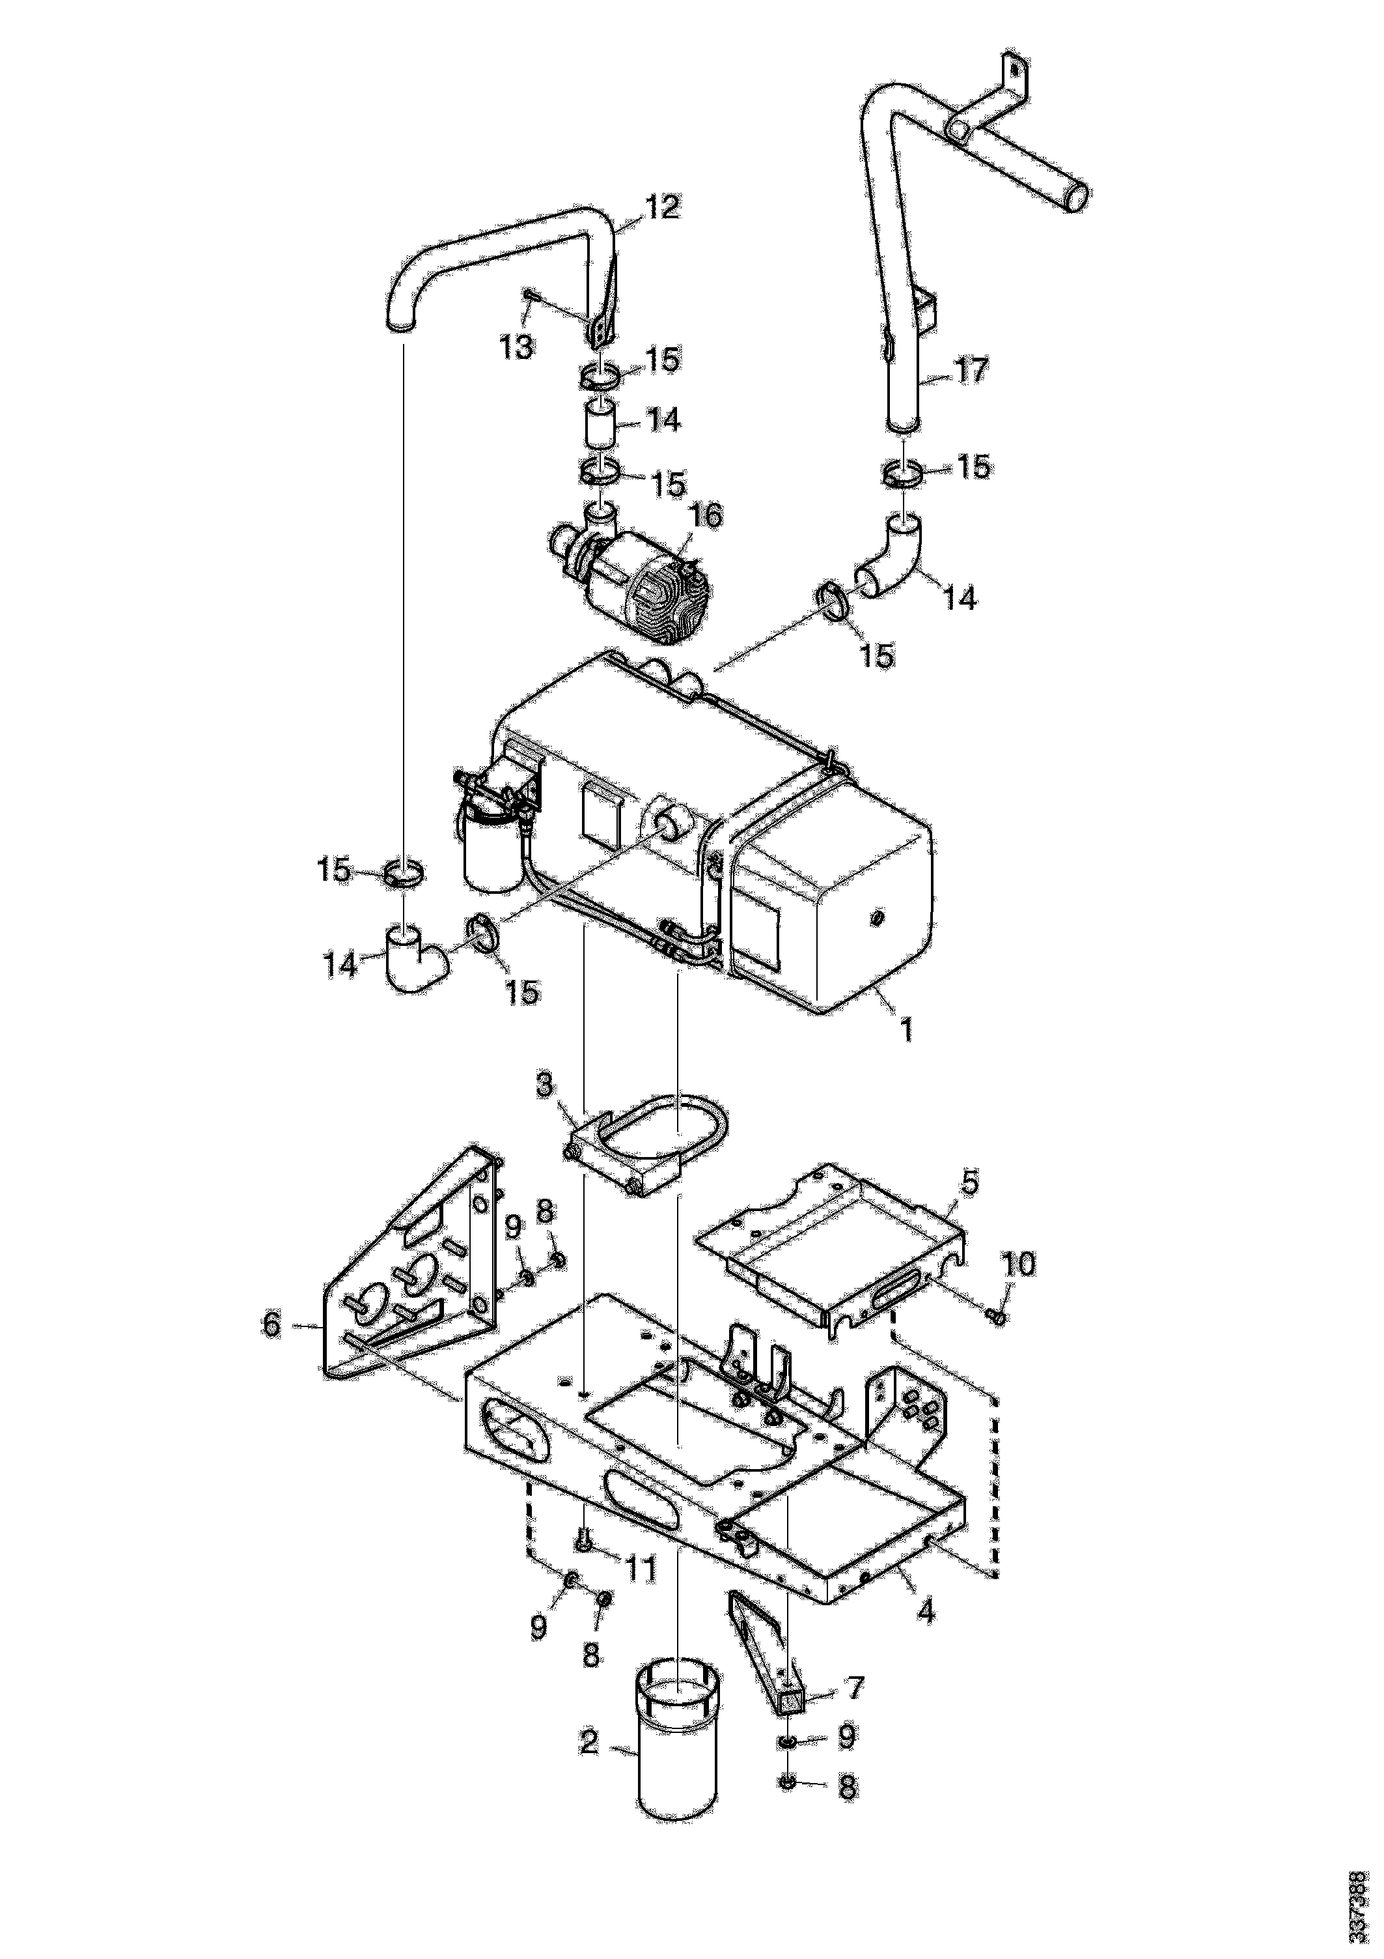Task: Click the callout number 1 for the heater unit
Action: click(906, 1031)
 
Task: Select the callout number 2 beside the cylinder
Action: click(588, 1741)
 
